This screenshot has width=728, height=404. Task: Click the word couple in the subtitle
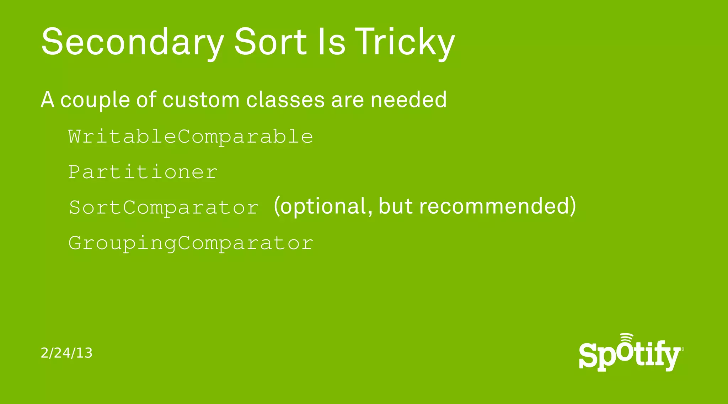click(x=95, y=100)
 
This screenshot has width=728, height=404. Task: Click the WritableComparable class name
click(x=191, y=137)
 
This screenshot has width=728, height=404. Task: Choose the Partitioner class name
click(x=143, y=172)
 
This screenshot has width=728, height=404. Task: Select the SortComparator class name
click(x=164, y=208)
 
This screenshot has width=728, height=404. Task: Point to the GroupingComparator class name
click(x=191, y=244)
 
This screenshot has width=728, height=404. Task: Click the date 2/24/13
click(x=66, y=353)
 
